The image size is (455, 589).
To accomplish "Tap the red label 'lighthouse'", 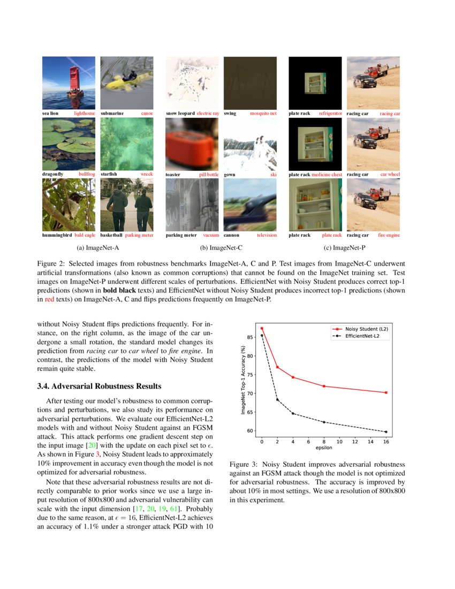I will click(x=85, y=114).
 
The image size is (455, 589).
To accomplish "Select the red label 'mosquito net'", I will click(x=263, y=114).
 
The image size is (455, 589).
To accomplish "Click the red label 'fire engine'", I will click(x=389, y=235).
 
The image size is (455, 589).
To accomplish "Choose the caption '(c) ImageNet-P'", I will click(x=344, y=248).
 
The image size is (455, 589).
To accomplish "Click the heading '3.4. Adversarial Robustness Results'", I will click(x=99, y=386).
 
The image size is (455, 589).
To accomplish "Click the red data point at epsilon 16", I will click(x=386, y=392).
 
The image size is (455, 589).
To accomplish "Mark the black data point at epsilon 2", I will click(x=277, y=399).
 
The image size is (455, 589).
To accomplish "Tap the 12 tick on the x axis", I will click(x=355, y=442).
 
